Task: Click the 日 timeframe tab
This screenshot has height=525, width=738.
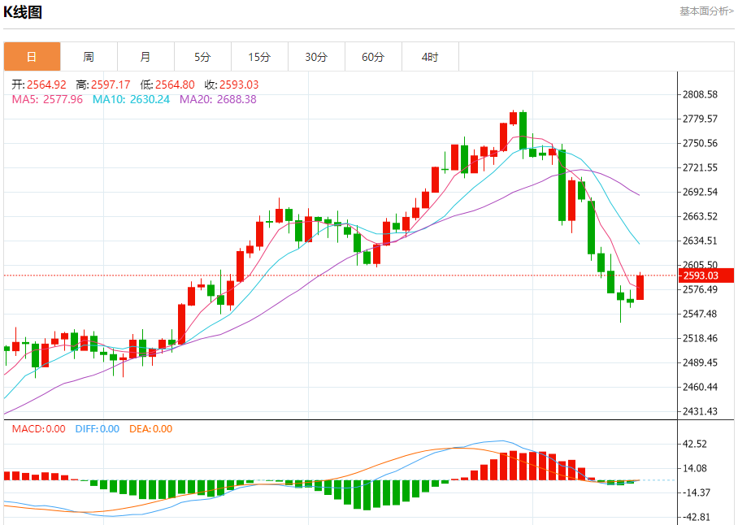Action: tap(32, 57)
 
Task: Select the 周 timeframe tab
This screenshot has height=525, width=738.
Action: tap(89, 57)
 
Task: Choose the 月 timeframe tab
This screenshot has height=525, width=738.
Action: tap(145, 57)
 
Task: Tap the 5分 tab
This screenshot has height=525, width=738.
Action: tap(202, 57)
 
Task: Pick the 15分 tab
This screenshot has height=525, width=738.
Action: tap(259, 57)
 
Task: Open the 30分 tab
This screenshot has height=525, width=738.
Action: tap(316, 57)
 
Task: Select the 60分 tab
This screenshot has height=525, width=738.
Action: tap(373, 57)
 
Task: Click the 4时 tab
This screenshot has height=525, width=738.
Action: tap(430, 57)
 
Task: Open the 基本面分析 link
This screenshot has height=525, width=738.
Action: tap(706, 11)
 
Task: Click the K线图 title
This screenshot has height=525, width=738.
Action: tap(23, 12)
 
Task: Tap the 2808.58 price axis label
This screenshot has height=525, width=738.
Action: tap(700, 95)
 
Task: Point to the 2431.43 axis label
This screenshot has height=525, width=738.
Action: tap(700, 411)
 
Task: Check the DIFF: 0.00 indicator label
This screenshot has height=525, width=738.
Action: tap(97, 429)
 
